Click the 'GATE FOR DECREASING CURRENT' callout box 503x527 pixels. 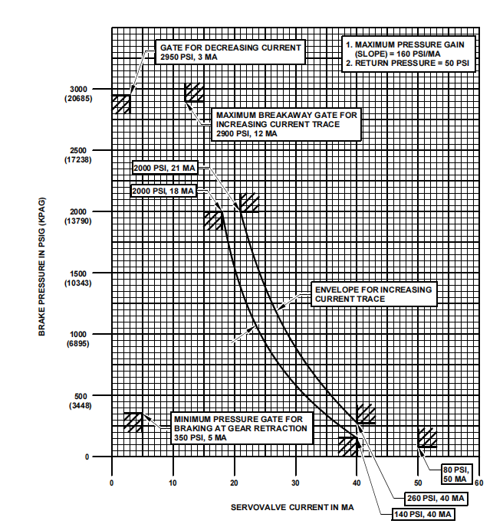pyautogui.click(x=230, y=52)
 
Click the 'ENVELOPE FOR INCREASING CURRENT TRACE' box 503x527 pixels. pyautogui.click(x=373, y=294)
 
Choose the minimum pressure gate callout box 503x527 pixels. pyautogui.click(x=241, y=428)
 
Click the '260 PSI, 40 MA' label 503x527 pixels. pyautogui.click(x=435, y=498)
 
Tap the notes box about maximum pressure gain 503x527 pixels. pyautogui.click(x=406, y=54)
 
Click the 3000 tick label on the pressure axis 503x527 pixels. pyautogui.click(x=80, y=89)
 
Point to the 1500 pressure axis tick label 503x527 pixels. pyautogui.click(x=80, y=273)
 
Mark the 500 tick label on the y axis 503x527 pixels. pyautogui.click(x=80, y=396)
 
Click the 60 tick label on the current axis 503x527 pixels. pyautogui.click(x=478, y=483)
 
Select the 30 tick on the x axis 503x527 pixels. pyautogui.click(x=295, y=483)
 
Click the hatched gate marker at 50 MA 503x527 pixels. pyautogui.click(x=427, y=437)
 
